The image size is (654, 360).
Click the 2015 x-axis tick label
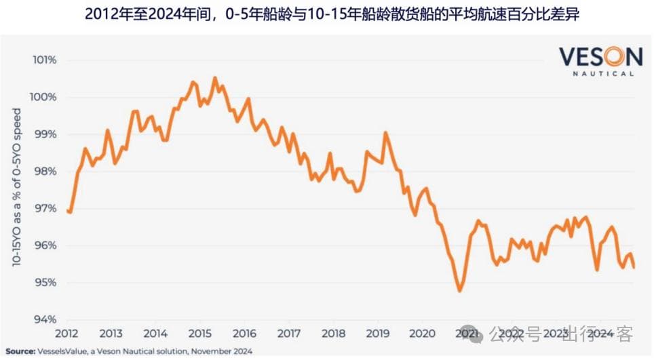coord(200,334)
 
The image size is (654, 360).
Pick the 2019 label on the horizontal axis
coord(378,334)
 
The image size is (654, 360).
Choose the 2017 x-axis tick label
coord(289,334)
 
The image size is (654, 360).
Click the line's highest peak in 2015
coord(215,78)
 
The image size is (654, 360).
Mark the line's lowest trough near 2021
coord(459,291)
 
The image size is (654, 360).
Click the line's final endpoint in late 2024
coord(634,267)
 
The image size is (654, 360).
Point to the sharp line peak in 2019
coord(386,133)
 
